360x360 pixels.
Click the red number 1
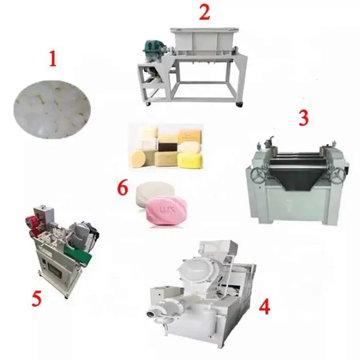point(53,59)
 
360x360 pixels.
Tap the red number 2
point(204,13)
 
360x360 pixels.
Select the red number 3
point(303,118)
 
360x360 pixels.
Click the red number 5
point(37,298)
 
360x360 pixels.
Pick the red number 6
point(122,188)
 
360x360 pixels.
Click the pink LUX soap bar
point(167,209)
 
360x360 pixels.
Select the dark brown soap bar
point(168,147)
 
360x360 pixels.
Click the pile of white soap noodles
point(52,109)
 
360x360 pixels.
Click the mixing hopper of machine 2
point(204,41)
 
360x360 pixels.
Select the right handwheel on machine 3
point(338,176)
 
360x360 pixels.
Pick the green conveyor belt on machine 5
point(78,255)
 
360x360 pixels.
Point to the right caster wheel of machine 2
point(239,104)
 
